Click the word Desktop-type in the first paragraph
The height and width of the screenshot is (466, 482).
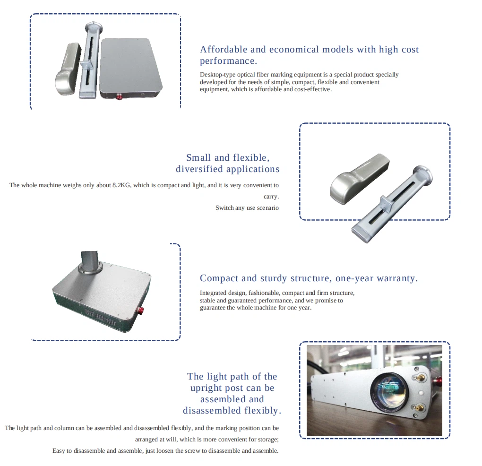pos(217,75)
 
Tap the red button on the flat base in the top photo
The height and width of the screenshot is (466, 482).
pos(119,97)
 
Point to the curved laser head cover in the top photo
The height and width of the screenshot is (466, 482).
pos(68,69)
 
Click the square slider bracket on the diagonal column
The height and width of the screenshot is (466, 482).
pos(387,204)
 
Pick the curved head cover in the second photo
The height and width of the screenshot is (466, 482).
pos(359,179)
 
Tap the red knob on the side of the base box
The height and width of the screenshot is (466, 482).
pos(141,310)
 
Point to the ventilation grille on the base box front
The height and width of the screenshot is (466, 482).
pos(101,317)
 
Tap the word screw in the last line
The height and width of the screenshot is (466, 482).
pos(193,450)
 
